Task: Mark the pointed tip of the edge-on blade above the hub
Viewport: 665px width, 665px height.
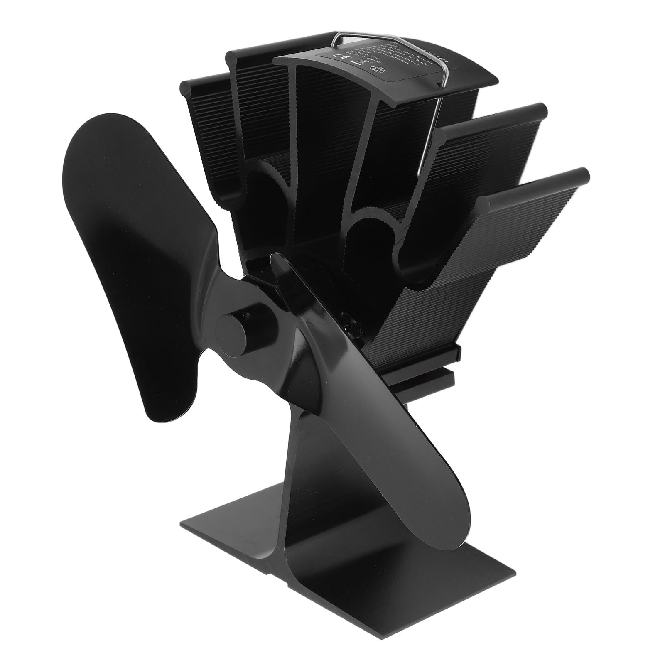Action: pos(274,260)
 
